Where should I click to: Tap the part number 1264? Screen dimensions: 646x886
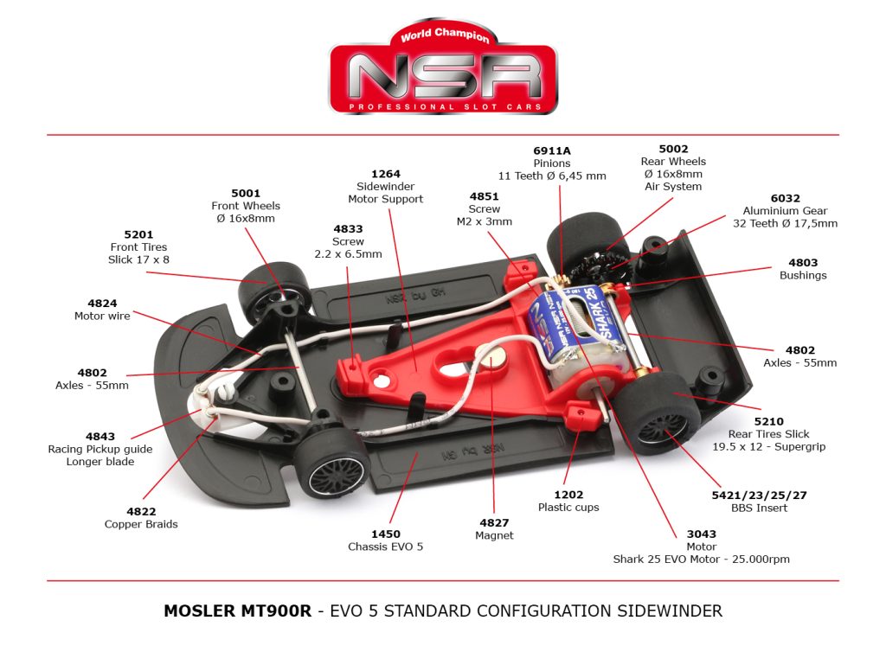tap(385, 174)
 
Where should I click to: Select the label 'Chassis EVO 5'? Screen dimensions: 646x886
tap(386, 547)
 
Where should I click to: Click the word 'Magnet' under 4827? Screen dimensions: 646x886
tap(494, 535)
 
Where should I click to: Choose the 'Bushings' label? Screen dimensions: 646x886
tap(803, 275)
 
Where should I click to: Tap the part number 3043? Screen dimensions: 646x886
tap(701, 534)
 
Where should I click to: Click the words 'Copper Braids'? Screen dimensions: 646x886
tap(141, 524)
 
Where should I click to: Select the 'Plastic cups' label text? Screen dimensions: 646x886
tap(568, 507)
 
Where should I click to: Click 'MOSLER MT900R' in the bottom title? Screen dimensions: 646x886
tap(238, 611)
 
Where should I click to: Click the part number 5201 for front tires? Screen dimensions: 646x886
tap(138, 234)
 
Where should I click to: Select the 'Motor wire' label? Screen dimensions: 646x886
tap(102, 316)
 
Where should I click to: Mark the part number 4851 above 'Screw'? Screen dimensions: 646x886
tap(484, 196)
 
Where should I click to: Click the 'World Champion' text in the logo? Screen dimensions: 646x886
tap(445, 35)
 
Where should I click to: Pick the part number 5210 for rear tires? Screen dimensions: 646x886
tap(769, 422)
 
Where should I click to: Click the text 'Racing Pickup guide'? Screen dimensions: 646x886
tap(100, 449)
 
